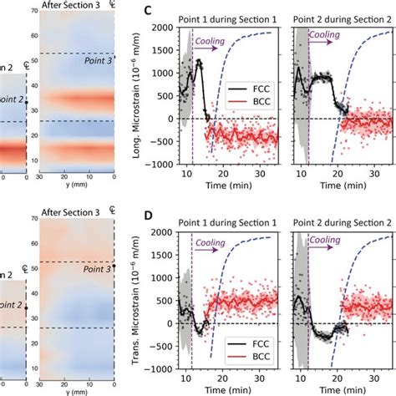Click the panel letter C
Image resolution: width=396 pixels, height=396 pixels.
pos(149,11)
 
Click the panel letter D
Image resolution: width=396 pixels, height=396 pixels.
pos(149,215)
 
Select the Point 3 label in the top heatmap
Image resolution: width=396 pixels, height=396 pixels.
pos(98,60)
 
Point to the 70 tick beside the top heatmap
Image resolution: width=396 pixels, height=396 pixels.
pos(34,12)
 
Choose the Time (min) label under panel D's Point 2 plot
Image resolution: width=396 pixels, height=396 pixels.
pos(338,388)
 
